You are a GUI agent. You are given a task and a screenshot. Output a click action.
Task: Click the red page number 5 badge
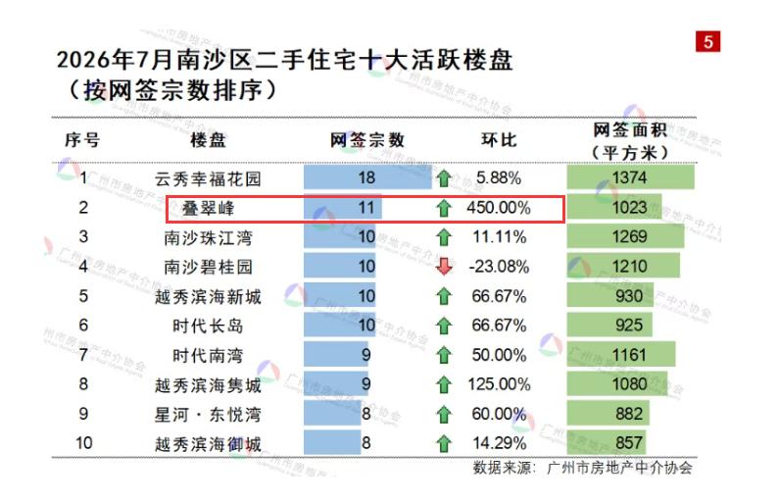[707, 42]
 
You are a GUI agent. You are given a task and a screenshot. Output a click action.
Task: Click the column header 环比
[499, 140]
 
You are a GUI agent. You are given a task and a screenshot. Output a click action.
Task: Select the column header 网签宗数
[367, 140]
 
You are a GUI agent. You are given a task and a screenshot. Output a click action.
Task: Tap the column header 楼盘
[208, 140]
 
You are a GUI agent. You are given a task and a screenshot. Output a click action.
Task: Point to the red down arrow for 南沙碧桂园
[444, 267]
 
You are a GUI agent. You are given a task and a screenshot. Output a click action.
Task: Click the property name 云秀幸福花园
[208, 178]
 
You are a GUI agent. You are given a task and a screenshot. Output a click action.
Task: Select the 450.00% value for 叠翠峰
[499, 208]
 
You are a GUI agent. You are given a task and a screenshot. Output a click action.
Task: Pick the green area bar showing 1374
[630, 177]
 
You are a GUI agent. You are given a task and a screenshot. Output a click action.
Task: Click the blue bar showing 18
[367, 177]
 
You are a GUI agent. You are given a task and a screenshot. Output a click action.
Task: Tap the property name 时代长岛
[208, 326]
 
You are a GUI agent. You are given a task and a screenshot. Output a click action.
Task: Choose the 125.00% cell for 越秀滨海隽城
[499, 384]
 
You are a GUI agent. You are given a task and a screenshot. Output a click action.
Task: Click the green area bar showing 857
[607, 443]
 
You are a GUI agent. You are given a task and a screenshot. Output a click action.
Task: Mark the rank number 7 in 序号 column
[83, 355]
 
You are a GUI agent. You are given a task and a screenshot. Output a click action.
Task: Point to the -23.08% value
[499, 267]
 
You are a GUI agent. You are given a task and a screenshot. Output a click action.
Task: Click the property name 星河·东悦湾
[208, 415]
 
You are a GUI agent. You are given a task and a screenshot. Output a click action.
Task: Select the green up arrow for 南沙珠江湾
[444, 237]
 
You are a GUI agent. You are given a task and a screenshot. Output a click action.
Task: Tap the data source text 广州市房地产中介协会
[619, 468]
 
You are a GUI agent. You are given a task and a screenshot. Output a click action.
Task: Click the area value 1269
[629, 236]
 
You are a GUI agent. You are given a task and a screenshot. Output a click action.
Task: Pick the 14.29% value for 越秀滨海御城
[499, 443]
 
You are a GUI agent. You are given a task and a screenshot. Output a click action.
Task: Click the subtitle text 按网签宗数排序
[172, 91]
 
